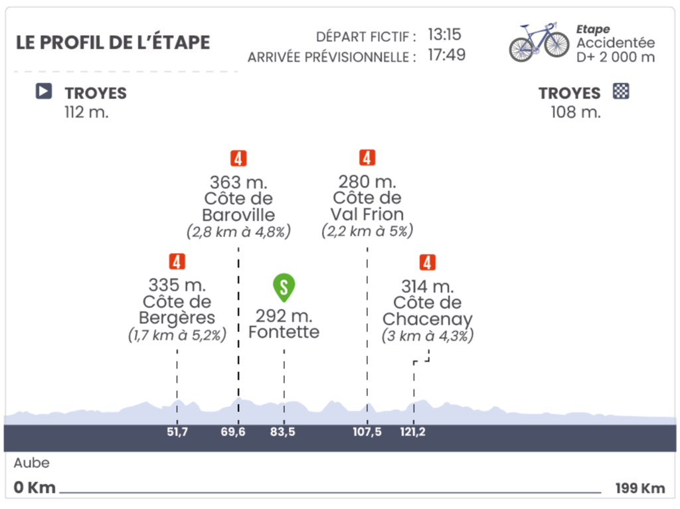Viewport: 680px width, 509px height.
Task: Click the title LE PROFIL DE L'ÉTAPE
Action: (x=113, y=42)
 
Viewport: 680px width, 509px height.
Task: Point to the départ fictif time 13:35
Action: (x=444, y=35)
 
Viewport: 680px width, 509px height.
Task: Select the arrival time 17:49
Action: (x=446, y=55)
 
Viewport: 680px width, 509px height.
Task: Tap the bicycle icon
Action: (x=539, y=41)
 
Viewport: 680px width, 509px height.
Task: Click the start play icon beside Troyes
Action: (x=43, y=92)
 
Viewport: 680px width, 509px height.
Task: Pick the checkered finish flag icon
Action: (x=622, y=92)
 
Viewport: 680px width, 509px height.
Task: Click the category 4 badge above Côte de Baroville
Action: (x=238, y=159)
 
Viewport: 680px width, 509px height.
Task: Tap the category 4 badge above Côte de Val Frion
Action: (x=367, y=158)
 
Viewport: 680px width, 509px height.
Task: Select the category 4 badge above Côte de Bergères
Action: (x=177, y=262)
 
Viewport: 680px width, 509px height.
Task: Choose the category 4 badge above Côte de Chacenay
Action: (x=427, y=263)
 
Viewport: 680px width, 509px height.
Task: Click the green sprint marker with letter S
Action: (x=284, y=287)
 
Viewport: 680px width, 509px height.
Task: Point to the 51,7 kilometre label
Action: (x=177, y=432)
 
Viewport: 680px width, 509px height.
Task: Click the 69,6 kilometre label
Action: (x=233, y=432)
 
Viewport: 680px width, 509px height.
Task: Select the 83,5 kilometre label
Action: (x=283, y=432)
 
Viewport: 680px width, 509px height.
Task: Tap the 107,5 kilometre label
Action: (x=367, y=432)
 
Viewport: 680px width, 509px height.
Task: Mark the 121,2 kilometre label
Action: (x=413, y=432)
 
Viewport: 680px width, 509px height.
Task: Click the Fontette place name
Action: (x=284, y=332)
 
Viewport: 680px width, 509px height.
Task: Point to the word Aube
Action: (x=31, y=463)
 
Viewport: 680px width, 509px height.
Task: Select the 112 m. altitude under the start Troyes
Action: (x=86, y=112)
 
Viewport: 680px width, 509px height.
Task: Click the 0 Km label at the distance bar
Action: (x=34, y=488)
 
